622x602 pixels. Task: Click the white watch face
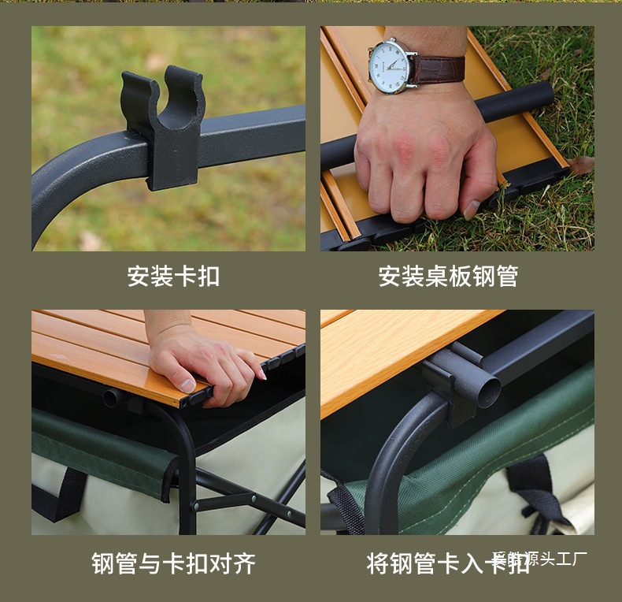click(394, 65)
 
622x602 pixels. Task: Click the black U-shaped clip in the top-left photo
click(165, 126)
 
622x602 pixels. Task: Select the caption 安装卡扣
click(173, 277)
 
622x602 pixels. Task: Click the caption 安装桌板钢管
click(448, 277)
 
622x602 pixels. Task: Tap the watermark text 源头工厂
click(551, 559)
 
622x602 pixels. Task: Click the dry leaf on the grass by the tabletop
click(581, 165)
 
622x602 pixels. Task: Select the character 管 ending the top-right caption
click(506, 277)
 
